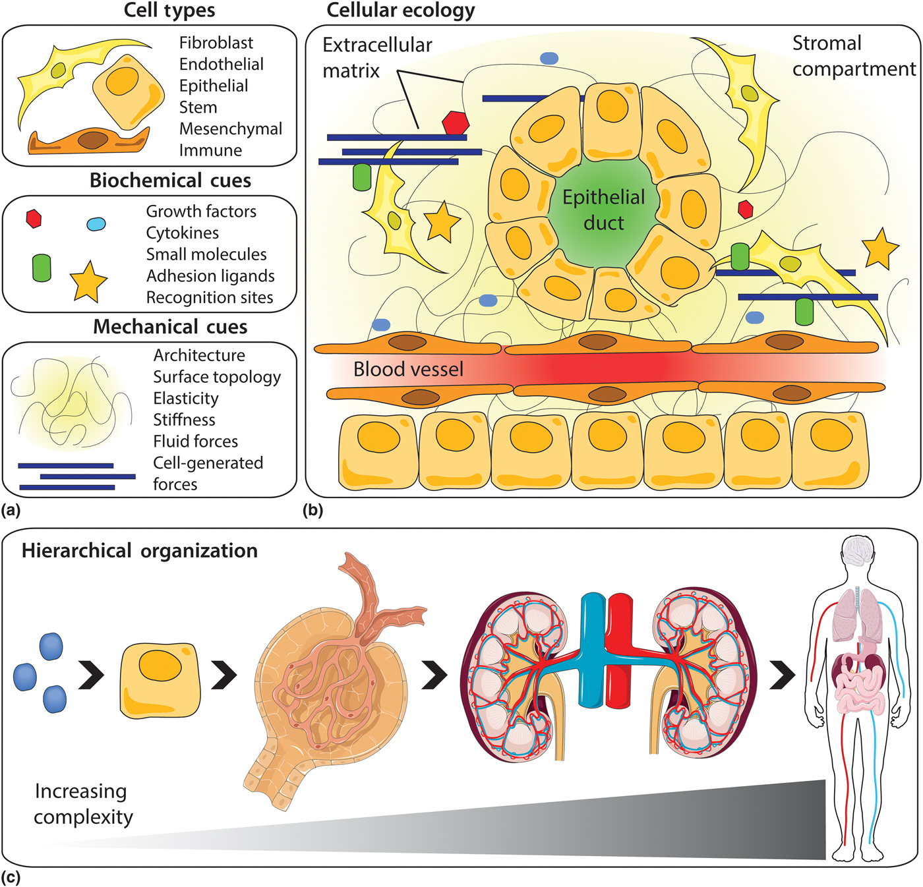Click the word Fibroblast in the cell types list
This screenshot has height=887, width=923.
(216, 43)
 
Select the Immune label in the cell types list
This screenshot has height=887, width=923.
(210, 150)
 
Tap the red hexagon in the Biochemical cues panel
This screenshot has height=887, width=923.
(34, 219)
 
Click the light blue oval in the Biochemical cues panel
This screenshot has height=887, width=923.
(96, 224)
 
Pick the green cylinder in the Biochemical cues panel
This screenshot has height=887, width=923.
(42, 268)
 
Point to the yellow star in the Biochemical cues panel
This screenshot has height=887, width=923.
(88, 282)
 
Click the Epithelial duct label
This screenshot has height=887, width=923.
(603, 210)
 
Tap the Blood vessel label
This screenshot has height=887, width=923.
(408, 369)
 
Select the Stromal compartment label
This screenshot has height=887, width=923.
(853, 56)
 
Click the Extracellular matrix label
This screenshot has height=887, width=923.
(377, 57)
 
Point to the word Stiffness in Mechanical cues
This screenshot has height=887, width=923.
(184, 420)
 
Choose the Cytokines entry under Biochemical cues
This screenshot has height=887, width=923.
(182, 233)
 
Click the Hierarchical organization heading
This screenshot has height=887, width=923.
(139, 551)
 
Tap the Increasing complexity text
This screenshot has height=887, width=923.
(82, 803)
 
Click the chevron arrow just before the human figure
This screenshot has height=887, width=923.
(783, 674)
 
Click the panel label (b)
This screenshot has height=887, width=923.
(313, 510)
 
